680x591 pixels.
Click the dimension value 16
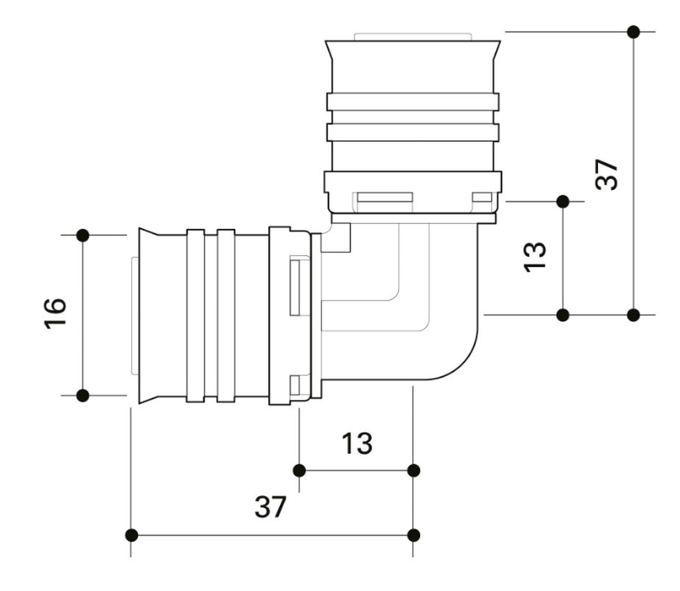click(x=56, y=311)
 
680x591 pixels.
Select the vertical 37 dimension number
click(x=606, y=174)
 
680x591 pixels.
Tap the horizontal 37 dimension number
click(x=270, y=506)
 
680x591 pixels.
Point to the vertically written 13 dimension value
click(x=535, y=257)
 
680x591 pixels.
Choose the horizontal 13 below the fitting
click(x=356, y=443)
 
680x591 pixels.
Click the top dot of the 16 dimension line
click(x=83, y=234)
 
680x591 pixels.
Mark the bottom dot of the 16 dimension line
click(x=83, y=395)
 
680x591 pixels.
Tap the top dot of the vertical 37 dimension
click(x=634, y=32)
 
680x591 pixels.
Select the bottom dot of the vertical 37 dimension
click(x=634, y=314)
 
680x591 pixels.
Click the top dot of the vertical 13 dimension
click(x=563, y=201)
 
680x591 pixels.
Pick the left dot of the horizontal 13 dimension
click(x=300, y=470)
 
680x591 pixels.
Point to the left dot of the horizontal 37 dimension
click(x=131, y=535)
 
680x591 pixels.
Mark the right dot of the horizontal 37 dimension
click(x=414, y=535)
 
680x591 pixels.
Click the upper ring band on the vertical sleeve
click(x=413, y=102)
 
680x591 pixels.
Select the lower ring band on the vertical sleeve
click(x=413, y=132)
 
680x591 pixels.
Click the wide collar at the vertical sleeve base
click(x=413, y=181)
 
